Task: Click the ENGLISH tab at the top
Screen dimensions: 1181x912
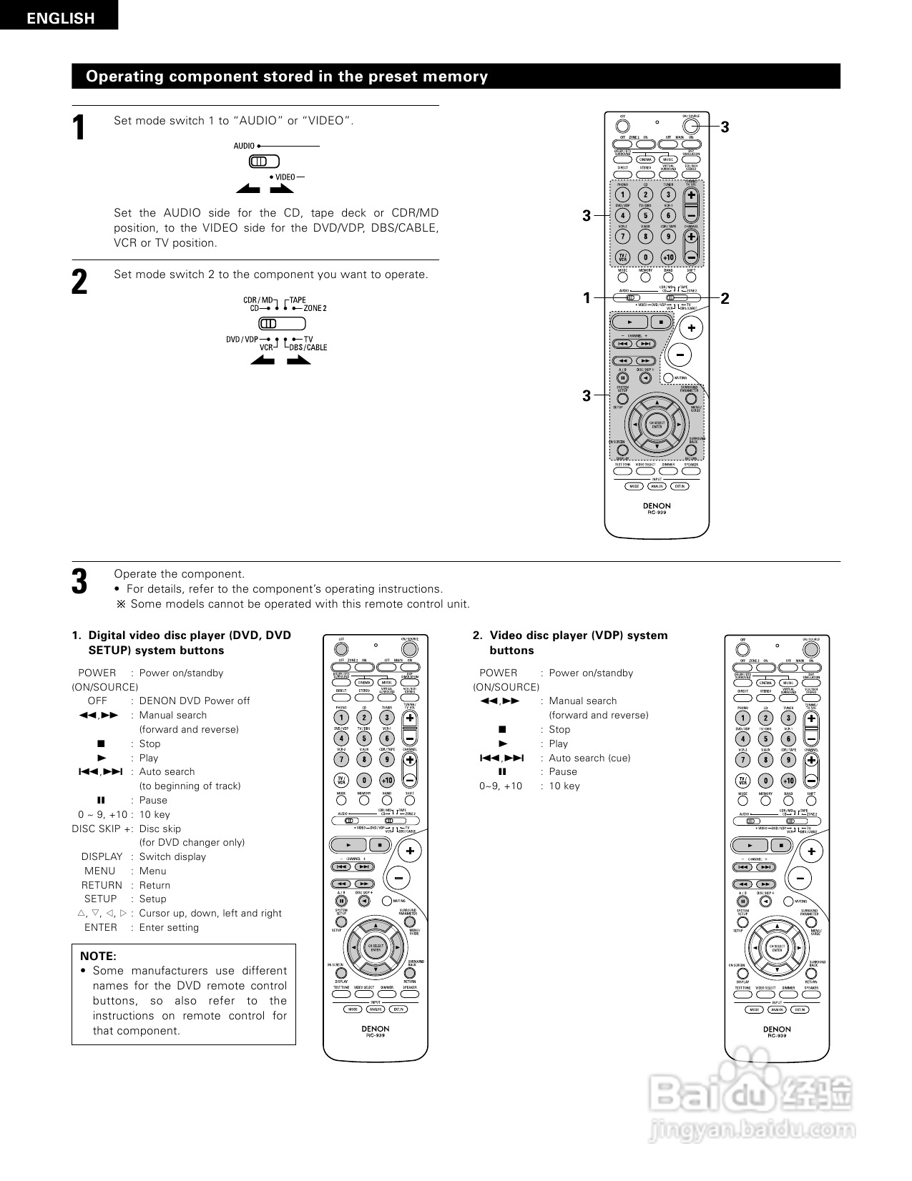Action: click(x=61, y=18)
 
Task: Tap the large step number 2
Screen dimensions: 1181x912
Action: click(x=80, y=282)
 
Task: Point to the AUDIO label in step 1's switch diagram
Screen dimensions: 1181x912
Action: click(x=244, y=146)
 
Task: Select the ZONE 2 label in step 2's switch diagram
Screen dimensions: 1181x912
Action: click(x=315, y=308)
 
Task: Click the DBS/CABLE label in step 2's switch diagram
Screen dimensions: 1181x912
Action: click(x=308, y=347)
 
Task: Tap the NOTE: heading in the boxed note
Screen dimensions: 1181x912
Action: click(x=98, y=956)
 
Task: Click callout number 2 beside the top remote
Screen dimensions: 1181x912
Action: click(x=725, y=298)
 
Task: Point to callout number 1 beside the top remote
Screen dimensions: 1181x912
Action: click(x=587, y=298)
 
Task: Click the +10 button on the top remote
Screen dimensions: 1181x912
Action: click(x=668, y=257)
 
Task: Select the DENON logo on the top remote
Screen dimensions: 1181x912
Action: click(x=657, y=505)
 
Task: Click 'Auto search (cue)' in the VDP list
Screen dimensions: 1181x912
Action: click(x=589, y=758)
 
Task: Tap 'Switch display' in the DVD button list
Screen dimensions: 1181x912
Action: click(x=172, y=856)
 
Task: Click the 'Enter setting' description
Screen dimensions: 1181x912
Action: click(x=169, y=927)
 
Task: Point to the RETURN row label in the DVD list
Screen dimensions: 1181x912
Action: click(x=102, y=885)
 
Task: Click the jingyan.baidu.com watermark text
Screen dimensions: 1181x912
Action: click(x=750, y=1130)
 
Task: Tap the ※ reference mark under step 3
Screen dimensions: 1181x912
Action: click(x=120, y=604)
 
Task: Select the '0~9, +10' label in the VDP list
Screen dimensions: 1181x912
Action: click(x=501, y=786)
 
